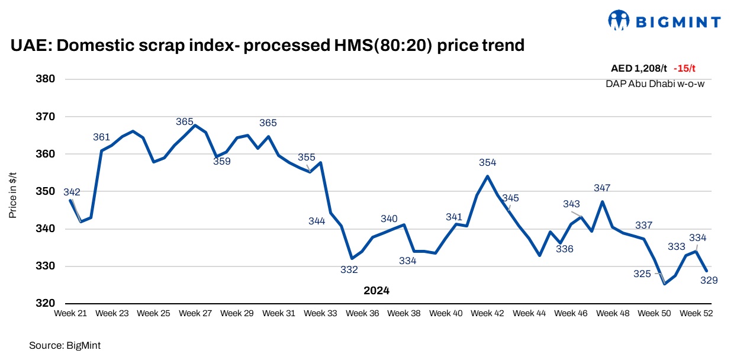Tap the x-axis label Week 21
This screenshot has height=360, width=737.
(70, 313)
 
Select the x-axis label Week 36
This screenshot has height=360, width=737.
(363, 313)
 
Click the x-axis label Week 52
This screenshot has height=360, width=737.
(696, 313)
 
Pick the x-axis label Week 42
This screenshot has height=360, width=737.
(487, 313)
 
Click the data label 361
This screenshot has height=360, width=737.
(102, 137)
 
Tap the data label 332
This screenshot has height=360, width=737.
(349, 270)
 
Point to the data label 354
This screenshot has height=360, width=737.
(487, 162)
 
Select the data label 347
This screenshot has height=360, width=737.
(601, 188)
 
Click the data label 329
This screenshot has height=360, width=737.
(709, 280)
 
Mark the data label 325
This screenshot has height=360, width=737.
(642, 274)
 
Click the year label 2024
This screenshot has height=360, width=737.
(376, 291)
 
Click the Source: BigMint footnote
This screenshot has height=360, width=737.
(60, 345)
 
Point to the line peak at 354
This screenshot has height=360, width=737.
(487, 176)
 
